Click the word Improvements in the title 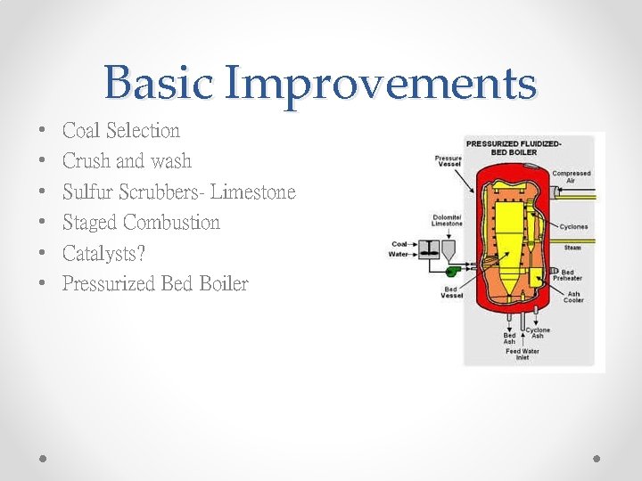(381, 83)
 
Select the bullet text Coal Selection (121, 131)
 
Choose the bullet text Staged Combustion (141, 223)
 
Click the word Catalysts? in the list (103, 254)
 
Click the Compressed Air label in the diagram (571, 176)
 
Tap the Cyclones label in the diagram (573, 227)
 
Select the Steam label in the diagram (572, 248)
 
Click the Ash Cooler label (572, 297)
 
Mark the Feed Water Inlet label (523, 354)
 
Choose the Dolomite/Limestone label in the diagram (447, 221)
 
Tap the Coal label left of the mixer (399, 244)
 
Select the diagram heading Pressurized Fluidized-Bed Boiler (514, 147)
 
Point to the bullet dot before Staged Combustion (44, 224)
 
